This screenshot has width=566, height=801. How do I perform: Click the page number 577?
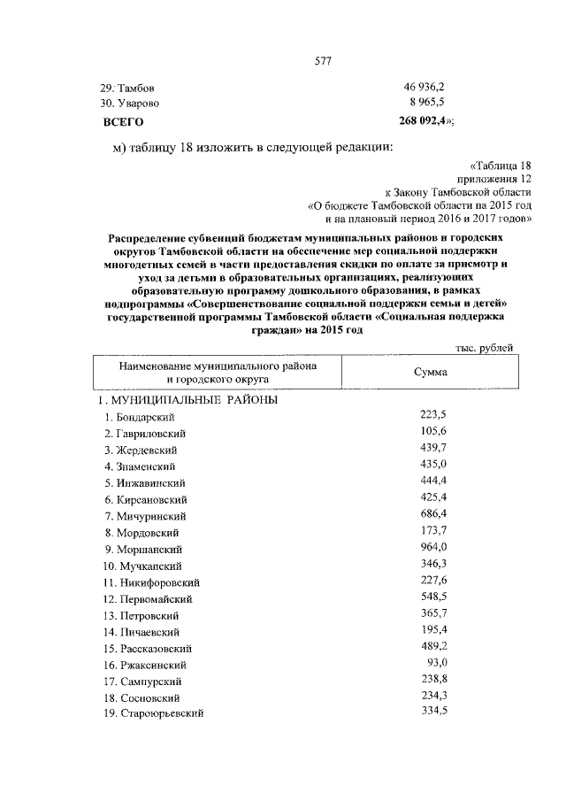[322, 60]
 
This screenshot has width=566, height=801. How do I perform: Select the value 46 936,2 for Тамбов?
[424, 89]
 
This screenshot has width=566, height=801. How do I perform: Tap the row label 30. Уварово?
[132, 104]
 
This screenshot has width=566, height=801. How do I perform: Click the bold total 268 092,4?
[426, 120]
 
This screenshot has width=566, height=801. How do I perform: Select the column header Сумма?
[431, 373]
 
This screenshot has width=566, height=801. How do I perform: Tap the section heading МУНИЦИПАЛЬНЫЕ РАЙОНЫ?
[191, 400]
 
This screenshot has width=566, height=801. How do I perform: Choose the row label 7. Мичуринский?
[144, 516]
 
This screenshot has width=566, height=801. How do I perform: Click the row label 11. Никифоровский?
[149, 582]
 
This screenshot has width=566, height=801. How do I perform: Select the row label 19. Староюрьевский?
[153, 714]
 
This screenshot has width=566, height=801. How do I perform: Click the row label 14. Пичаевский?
[141, 632]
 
